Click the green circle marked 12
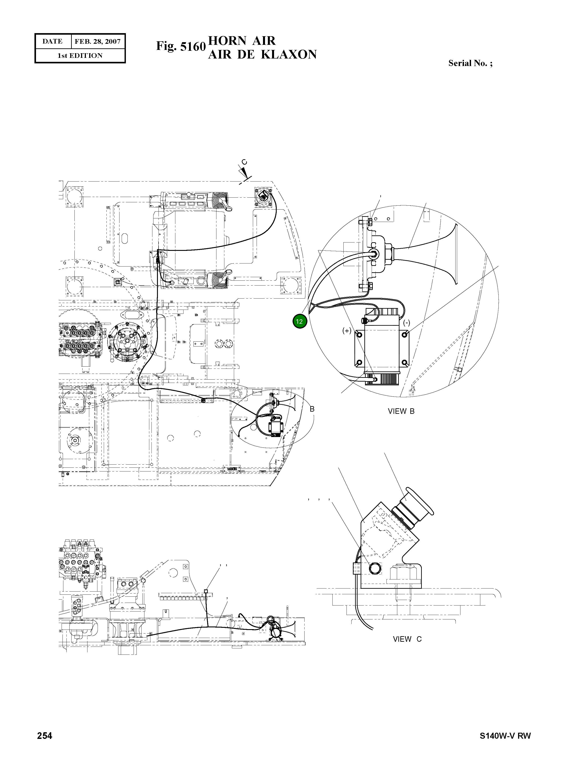[x=300, y=321]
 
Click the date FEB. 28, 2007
[x=97, y=42]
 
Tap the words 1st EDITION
[x=80, y=56]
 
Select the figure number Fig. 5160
[x=181, y=46]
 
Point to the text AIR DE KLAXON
[x=262, y=55]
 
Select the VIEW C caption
[x=407, y=639]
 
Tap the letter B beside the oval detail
[x=312, y=409]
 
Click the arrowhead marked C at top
[x=244, y=170]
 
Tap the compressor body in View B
[x=382, y=346]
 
